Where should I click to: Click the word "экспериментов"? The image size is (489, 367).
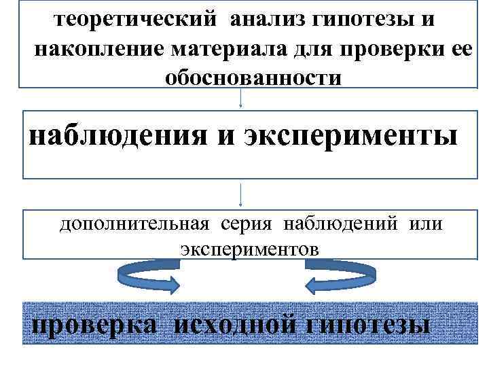249,249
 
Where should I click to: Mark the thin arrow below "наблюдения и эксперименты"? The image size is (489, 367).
242,195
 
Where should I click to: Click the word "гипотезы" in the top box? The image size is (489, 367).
374,20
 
